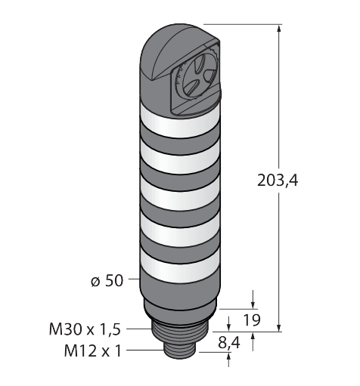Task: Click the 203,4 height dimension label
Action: [278, 181]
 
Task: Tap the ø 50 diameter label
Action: [107, 280]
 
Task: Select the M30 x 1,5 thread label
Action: [85, 329]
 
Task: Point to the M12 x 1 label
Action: [93, 350]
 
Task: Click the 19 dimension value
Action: [251, 320]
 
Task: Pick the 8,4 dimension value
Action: [229, 343]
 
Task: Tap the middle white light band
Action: [179, 196]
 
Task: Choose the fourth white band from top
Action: [179, 232]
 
